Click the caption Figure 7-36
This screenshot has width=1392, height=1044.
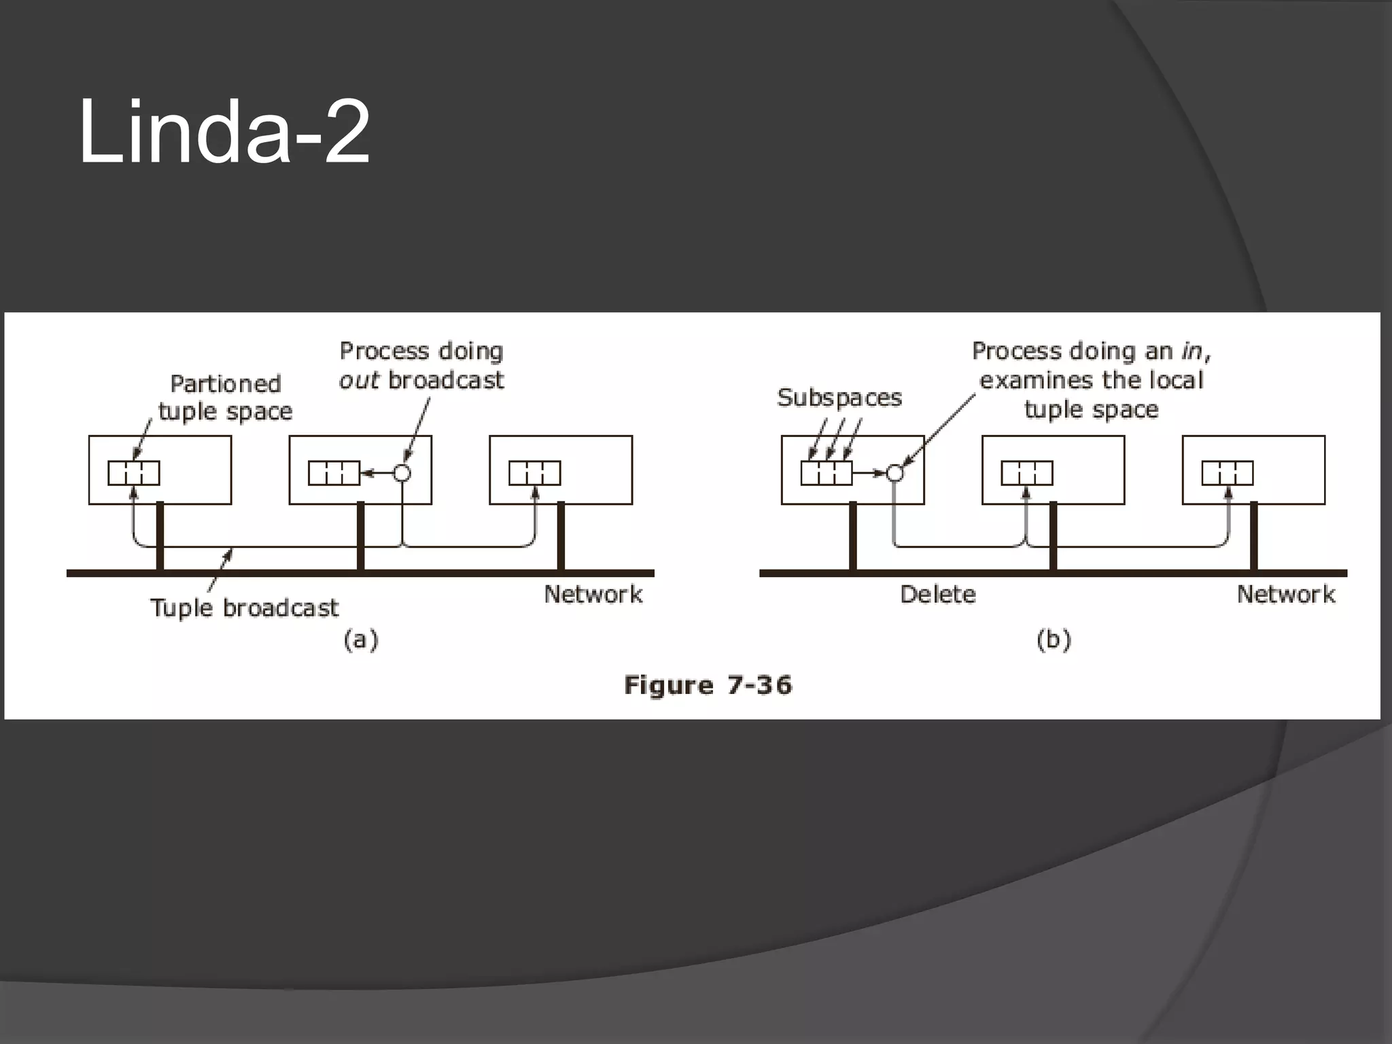pyautogui.click(x=708, y=684)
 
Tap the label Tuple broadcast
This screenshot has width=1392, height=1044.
pyautogui.click(x=244, y=607)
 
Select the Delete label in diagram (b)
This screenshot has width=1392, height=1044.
pyautogui.click(x=937, y=594)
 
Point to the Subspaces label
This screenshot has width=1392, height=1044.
pyautogui.click(x=839, y=397)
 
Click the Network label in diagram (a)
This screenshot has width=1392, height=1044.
pyautogui.click(x=593, y=594)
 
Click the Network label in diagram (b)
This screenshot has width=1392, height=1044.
pyautogui.click(x=1285, y=594)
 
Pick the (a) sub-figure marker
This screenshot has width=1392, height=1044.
pyautogui.click(x=361, y=640)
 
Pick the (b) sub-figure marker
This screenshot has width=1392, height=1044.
pyautogui.click(x=1054, y=640)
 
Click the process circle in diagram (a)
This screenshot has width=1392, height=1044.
pyautogui.click(x=402, y=472)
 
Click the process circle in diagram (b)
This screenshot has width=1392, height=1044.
pyautogui.click(x=895, y=472)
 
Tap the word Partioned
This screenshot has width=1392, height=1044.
pyautogui.click(x=225, y=383)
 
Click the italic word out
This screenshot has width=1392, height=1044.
pyautogui.click(x=358, y=380)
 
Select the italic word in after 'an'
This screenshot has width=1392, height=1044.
pyautogui.click(x=1191, y=351)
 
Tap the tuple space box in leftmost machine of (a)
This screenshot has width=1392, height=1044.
pyautogui.click(x=134, y=473)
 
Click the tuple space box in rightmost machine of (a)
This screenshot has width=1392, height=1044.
pyautogui.click(x=535, y=473)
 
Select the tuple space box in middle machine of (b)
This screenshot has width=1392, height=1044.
pyautogui.click(x=1027, y=473)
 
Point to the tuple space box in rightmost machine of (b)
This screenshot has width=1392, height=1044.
pyautogui.click(x=1228, y=473)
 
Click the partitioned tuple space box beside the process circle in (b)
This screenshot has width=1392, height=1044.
pyautogui.click(x=826, y=473)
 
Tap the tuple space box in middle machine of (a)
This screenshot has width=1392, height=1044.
pyautogui.click(x=334, y=473)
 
